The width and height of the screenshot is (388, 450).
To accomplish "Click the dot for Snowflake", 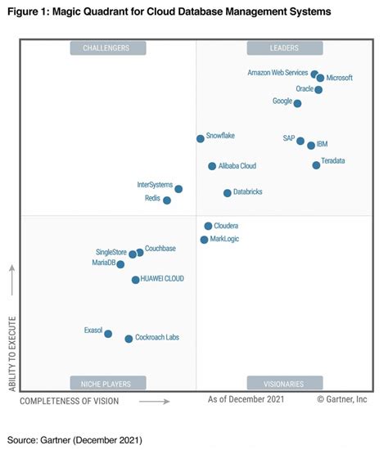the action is (x=201, y=139).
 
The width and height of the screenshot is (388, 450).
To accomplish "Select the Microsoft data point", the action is (x=321, y=78).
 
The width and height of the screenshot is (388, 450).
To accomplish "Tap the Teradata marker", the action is (x=316, y=165).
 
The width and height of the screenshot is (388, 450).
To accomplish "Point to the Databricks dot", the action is (x=228, y=193).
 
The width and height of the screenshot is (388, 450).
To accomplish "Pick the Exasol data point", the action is (x=108, y=334).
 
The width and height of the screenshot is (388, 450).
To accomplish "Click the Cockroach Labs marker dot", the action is (x=129, y=339).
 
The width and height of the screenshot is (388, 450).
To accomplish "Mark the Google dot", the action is (x=297, y=103).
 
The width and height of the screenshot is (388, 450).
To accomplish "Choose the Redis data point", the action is (x=167, y=200).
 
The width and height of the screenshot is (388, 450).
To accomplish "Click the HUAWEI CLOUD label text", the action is (x=162, y=278).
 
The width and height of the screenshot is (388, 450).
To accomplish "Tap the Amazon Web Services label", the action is (x=277, y=73).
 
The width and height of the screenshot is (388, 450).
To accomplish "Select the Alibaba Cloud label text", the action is (x=237, y=166).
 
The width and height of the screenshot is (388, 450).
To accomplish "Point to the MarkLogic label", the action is (x=224, y=239).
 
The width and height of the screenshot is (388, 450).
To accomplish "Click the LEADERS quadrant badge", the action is (x=285, y=48).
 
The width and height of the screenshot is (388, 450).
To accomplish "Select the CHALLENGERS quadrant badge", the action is (x=108, y=48).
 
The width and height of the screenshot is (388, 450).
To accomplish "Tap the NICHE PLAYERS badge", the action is (x=108, y=383).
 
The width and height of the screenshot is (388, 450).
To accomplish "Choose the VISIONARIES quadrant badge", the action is (x=285, y=383).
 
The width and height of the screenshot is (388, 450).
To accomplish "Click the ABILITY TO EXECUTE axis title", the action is (x=12, y=353).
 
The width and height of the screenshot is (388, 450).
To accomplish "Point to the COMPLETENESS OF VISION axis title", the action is (x=70, y=401).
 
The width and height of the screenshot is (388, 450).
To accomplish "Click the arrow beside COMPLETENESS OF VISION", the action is (x=155, y=401).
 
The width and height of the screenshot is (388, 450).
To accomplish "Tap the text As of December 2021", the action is (x=246, y=399).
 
